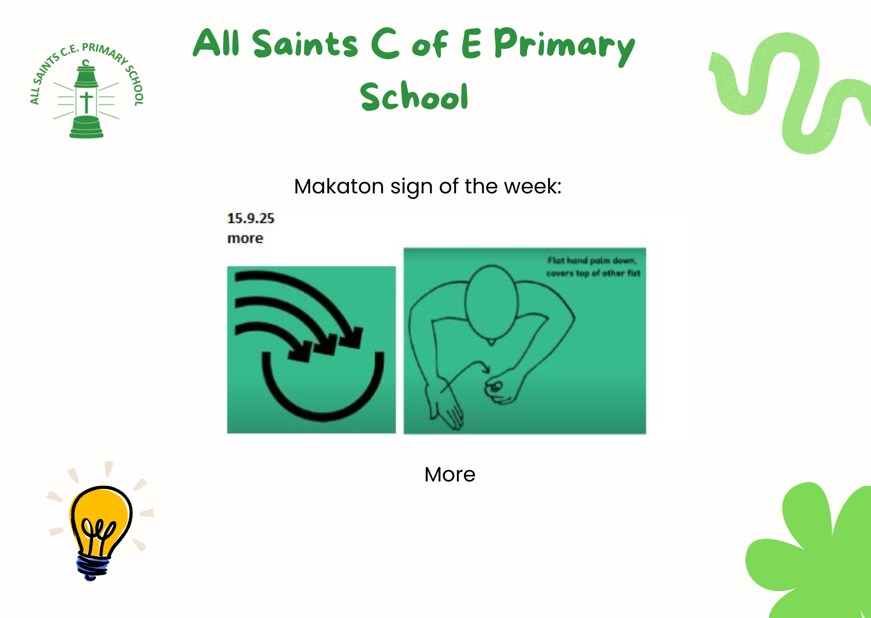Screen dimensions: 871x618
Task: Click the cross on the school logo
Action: pos(86,102)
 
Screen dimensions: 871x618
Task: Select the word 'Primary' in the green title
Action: pos(565,46)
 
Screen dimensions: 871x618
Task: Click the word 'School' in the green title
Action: pos(414,96)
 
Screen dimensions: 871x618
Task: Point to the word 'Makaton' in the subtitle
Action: pos(339,186)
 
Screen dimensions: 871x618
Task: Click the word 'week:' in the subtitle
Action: pos(533,186)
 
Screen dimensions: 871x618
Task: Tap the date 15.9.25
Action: pos(251,218)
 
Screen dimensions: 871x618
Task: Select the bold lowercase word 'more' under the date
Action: pos(245,238)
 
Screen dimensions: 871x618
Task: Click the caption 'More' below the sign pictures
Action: pos(450,474)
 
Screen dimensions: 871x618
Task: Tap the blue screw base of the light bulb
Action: pos(93,568)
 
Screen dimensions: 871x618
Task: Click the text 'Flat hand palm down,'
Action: pos(592,261)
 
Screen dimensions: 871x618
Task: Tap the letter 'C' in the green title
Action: pos(385,43)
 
